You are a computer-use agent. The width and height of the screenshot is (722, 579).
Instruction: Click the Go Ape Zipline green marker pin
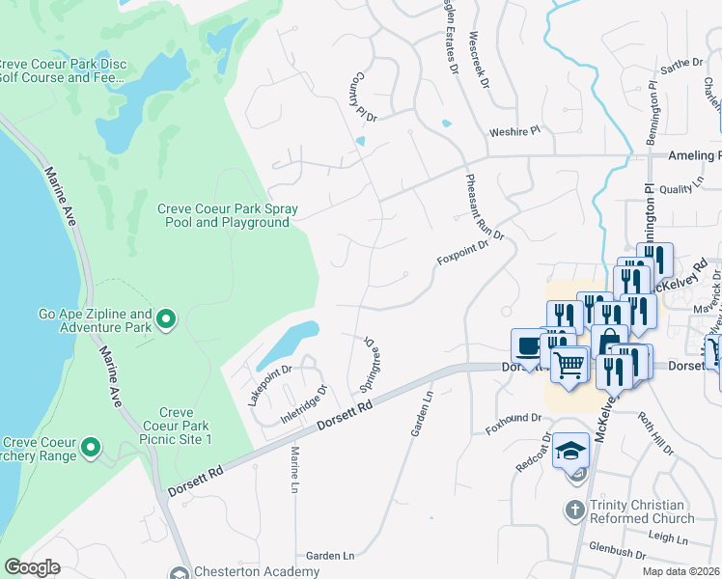(165, 317)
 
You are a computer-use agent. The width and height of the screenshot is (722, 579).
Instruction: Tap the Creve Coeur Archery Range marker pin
(90, 447)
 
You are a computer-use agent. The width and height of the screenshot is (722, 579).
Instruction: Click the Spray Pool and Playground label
(228, 215)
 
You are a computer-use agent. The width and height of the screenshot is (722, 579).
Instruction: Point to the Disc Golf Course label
(61, 72)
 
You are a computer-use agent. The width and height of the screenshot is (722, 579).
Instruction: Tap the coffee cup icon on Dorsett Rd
(528, 345)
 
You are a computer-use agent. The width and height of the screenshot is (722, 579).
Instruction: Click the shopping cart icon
(570, 365)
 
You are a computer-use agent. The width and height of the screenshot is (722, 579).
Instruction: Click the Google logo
(31, 567)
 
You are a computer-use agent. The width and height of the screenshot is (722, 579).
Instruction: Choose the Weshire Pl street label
(514, 129)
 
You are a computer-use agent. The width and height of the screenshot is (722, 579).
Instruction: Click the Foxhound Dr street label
(513, 425)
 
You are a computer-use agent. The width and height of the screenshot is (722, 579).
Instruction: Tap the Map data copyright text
(681, 571)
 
